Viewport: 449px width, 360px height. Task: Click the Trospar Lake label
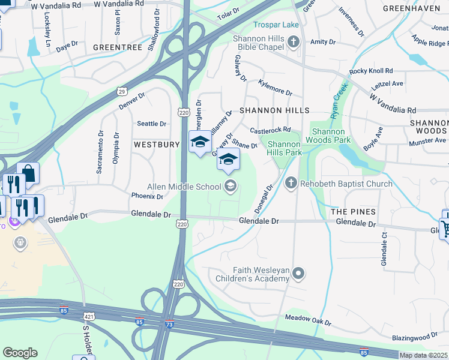pyautogui.click(x=277, y=25)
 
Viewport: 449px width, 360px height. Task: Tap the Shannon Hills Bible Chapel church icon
pyautogui.click(x=294, y=41)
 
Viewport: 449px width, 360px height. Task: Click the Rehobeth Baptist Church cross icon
pyautogui.click(x=291, y=183)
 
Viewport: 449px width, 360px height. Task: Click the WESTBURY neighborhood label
pyautogui.click(x=157, y=145)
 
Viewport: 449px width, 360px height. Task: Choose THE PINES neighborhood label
pyautogui.click(x=354, y=212)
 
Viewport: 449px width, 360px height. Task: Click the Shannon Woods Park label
pyautogui.click(x=328, y=136)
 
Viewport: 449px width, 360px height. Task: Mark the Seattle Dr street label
pyautogui.click(x=151, y=124)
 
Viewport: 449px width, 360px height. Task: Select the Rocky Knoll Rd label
pyautogui.click(x=371, y=70)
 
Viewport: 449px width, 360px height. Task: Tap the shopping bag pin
pyautogui.click(x=28, y=174)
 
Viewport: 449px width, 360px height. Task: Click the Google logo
pyautogui.click(x=20, y=353)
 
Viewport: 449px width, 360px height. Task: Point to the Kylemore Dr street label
pyautogui.click(x=275, y=88)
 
